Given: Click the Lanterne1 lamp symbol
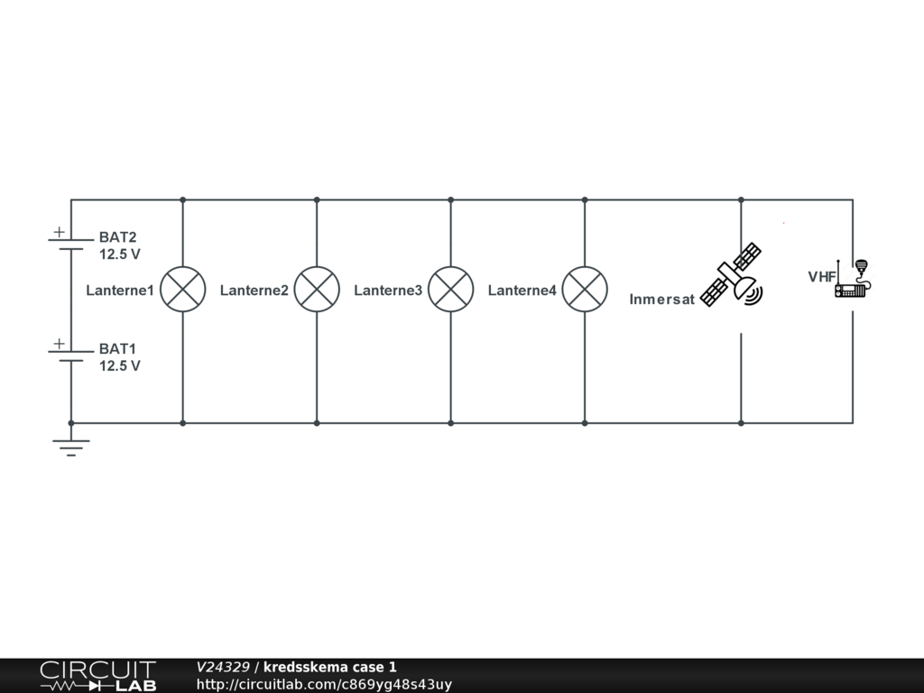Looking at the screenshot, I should [x=182, y=290].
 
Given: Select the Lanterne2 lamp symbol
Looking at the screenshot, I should [x=317, y=290].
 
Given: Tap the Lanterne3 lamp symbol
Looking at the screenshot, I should [x=450, y=290].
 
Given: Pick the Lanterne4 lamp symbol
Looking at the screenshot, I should [x=585, y=290].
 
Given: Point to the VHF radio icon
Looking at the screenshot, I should [x=854, y=279].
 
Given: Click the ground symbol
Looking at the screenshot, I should [x=70, y=445].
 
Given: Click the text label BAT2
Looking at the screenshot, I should [x=117, y=237].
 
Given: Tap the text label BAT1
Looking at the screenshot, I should [x=117, y=348].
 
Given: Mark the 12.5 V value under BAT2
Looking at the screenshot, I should [x=119, y=254].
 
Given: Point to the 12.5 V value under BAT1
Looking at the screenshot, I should [x=119, y=365].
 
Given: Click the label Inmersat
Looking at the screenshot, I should [x=661, y=300].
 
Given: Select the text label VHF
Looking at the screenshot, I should [x=821, y=277].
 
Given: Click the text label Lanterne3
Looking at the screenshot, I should [x=388, y=291].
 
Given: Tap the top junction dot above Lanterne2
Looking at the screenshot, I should [x=317, y=199].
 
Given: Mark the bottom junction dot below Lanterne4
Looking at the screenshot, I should [x=585, y=422].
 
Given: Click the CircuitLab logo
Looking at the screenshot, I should [x=97, y=676].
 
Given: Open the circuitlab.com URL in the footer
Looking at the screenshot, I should [x=324, y=684].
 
